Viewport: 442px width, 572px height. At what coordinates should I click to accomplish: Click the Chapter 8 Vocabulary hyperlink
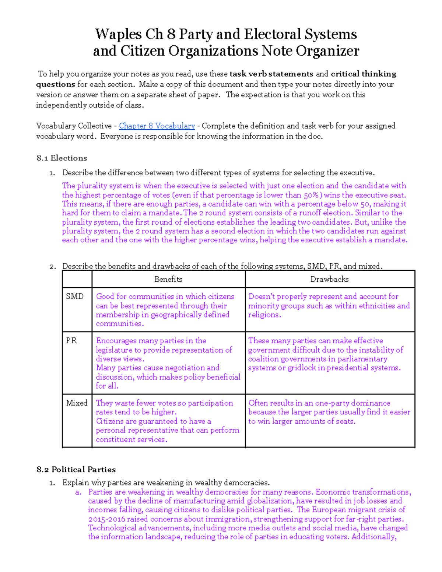pos(157,126)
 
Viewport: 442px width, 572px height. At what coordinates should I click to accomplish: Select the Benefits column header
pos(168,279)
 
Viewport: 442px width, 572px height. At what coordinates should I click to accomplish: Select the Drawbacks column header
pos(329,279)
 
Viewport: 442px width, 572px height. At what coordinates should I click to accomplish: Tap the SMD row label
pos(75,296)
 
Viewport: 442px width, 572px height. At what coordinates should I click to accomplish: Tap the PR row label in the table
pos(71,341)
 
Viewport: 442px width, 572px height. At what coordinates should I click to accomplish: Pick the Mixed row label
pos(77,403)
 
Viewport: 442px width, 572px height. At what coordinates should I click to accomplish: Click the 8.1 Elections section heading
pos(62,158)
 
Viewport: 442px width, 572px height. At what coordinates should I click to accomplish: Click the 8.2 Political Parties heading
pos(76,470)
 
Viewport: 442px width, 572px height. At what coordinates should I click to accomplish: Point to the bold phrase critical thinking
pos(363,74)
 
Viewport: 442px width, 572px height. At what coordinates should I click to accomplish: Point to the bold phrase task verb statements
pos(271,74)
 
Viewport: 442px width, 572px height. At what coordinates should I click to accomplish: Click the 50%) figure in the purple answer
pos(313,195)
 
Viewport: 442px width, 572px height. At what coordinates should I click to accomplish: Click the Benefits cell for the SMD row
pos(165,310)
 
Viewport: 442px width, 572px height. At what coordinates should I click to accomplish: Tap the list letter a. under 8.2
pos(78,492)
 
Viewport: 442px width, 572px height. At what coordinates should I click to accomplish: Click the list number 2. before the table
pos(52,267)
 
